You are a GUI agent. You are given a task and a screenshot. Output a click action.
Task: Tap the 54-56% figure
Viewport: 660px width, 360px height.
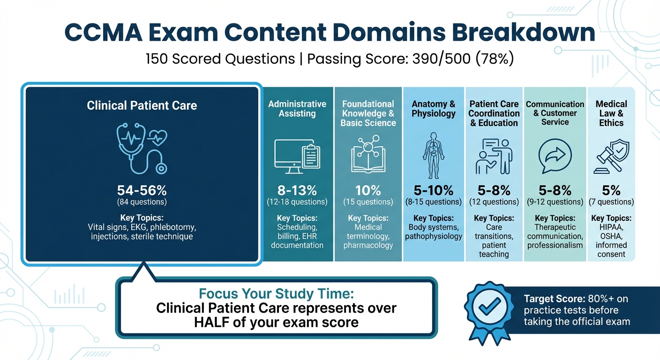[x=142, y=191]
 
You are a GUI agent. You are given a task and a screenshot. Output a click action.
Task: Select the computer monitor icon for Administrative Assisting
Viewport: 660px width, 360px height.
[x=297, y=157]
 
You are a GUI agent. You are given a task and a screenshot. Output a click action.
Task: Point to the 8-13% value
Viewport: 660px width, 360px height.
[x=297, y=190]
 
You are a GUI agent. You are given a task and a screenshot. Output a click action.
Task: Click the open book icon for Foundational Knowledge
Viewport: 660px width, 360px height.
[x=368, y=156]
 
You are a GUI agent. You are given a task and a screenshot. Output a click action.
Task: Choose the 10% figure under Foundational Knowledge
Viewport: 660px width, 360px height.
[x=368, y=190]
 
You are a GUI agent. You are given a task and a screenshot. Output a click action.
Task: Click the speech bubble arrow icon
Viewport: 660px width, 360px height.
[x=555, y=157]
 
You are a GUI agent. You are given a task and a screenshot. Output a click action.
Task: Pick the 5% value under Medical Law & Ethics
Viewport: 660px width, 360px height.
[x=611, y=190]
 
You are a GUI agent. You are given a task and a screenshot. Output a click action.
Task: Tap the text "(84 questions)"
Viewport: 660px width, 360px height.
[x=142, y=202]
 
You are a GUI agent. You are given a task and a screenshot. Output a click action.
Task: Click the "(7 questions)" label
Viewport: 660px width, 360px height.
[x=611, y=202]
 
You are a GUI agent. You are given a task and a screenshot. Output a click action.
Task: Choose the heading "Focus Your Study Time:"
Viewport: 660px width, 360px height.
[x=277, y=294]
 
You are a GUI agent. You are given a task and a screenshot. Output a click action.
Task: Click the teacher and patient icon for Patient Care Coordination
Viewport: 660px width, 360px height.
[x=494, y=156]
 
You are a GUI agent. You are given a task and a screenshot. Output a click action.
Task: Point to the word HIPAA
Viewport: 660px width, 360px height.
[x=611, y=227]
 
